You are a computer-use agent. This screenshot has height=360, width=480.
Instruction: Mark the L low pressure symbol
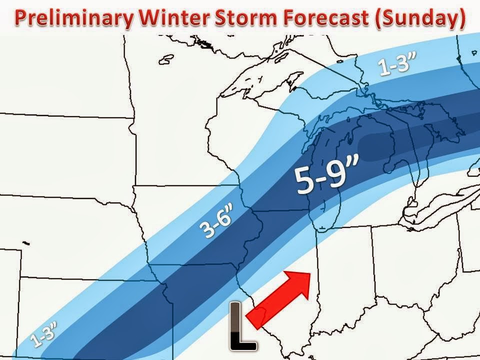[242, 324]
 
